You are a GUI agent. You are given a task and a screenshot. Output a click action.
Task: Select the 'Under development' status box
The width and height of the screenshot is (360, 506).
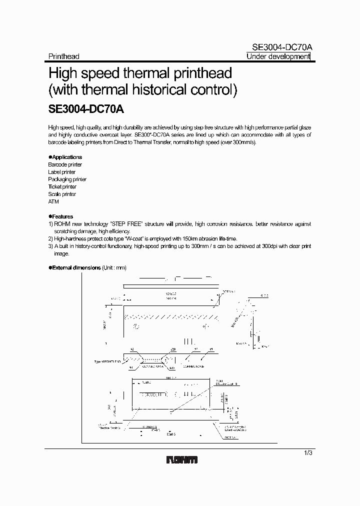tap(278, 56)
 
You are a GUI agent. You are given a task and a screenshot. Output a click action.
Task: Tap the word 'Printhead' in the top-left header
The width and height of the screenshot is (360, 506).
tap(63, 56)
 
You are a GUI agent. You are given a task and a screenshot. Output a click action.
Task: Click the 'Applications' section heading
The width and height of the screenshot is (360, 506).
tap(67, 157)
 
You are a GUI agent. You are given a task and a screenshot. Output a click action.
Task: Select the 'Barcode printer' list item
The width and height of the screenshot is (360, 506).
tap(65, 164)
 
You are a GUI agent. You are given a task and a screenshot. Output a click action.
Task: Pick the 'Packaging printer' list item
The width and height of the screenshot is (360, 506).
tap(67, 179)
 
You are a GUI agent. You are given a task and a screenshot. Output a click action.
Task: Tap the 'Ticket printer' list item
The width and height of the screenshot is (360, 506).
tap(62, 186)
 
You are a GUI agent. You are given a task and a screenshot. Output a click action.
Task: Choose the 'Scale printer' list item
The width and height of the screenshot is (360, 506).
tap(62, 194)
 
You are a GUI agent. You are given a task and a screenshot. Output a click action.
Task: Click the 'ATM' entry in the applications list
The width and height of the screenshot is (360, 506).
tap(53, 201)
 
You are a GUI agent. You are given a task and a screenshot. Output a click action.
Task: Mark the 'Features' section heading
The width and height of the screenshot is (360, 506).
tap(62, 216)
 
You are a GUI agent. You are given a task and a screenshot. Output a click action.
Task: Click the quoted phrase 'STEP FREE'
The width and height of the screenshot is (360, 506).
tap(127, 224)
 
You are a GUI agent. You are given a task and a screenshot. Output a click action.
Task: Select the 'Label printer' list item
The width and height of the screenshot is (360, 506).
tap(61, 172)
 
